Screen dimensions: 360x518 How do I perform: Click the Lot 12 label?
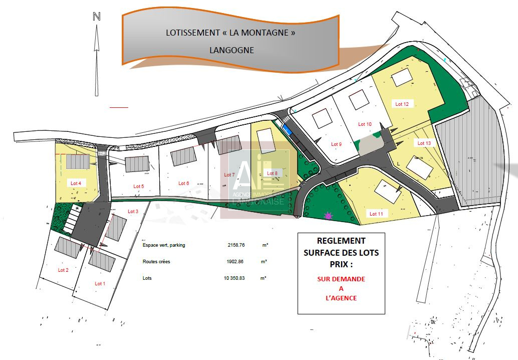pyautogui.click(x=402, y=104)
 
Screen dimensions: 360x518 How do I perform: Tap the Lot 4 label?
pyautogui.click(x=76, y=183)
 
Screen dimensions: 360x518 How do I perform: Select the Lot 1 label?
pyautogui.click(x=100, y=284)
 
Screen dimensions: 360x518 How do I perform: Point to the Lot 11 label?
pyautogui.click(x=376, y=214)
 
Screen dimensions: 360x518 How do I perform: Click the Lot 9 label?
pyautogui.click(x=336, y=144)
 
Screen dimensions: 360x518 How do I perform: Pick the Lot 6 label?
pyautogui.click(x=184, y=183)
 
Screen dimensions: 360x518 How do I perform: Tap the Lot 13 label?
pyautogui.click(x=424, y=143)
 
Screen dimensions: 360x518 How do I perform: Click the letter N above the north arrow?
pyautogui.click(x=97, y=17)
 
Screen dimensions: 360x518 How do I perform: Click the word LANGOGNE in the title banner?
pyautogui.click(x=231, y=50)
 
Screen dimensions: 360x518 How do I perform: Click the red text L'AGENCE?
pyautogui.click(x=341, y=298)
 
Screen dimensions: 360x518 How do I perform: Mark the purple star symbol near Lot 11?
pyautogui.click(x=329, y=216)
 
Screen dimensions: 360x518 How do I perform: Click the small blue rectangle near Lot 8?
pyautogui.click(x=287, y=129)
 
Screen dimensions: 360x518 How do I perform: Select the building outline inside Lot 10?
pyautogui.click(x=359, y=99)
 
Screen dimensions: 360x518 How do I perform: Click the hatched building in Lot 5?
pyautogui.click(x=137, y=164)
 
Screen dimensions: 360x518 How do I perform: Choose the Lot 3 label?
pyautogui.click(x=133, y=212)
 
